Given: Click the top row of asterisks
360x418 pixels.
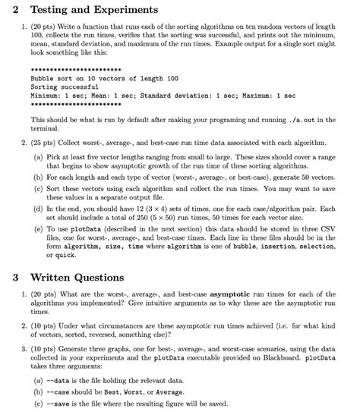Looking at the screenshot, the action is click(77, 68).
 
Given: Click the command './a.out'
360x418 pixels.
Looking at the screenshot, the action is click(298, 121).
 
